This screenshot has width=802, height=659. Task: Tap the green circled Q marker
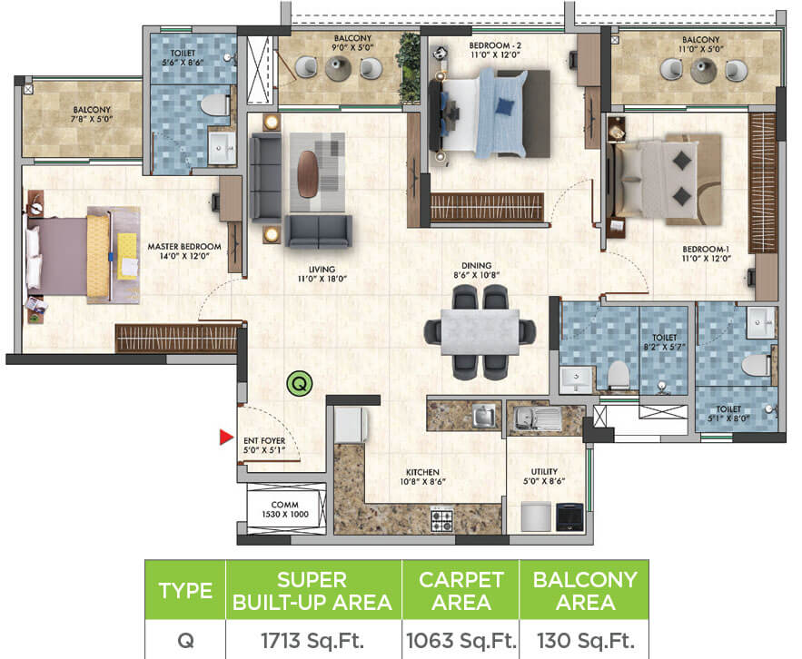298,384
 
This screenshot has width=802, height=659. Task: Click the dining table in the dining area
480,332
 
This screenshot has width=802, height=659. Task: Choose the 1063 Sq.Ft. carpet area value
460,639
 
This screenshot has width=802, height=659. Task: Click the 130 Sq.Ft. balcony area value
584,639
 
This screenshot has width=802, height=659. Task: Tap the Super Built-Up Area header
313,590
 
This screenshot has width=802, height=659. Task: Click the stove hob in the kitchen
441,520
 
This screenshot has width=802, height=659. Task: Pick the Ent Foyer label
264,446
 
